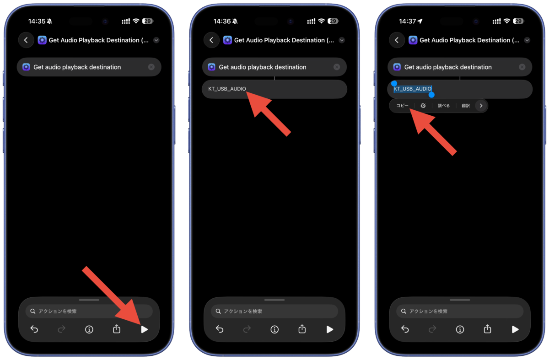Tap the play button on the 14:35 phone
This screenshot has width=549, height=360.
pyautogui.click(x=145, y=329)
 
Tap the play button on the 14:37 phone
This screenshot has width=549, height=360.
pyautogui.click(x=515, y=329)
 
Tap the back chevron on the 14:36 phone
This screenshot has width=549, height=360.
pyautogui.click(x=211, y=40)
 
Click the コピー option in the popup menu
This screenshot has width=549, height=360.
pyautogui.click(x=402, y=106)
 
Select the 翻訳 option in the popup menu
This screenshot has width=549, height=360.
pyautogui.click(x=466, y=106)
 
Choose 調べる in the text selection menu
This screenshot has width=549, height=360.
pyautogui.click(x=444, y=106)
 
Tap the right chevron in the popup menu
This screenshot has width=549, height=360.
pyautogui.click(x=481, y=106)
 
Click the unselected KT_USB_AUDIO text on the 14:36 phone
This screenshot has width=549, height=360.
pyautogui.click(x=227, y=89)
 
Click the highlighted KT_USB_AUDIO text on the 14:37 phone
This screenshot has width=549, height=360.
pyautogui.click(x=413, y=89)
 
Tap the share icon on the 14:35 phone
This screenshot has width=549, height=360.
pyautogui.click(x=117, y=329)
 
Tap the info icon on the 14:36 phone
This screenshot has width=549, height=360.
pyautogui.click(x=274, y=330)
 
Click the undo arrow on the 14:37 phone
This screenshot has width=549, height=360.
pyautogui.click(x=405, y=329)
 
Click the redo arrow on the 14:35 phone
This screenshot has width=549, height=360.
pyautogui.click(x=61, y=329)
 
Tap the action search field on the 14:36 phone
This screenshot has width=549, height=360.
pyautogui.click(x=274, y=311)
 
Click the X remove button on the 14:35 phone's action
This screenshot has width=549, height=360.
pyautogui.click(x=151, y=67)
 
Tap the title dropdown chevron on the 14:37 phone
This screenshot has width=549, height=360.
pyautogui.click(x=527, y=40)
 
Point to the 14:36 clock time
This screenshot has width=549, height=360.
pyautogui.click(x=222, y=21)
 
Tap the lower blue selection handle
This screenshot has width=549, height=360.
pyautogui.click(x=431, y=95)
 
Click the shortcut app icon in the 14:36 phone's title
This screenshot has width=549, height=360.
pyautogui.click(x=227, y=40)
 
